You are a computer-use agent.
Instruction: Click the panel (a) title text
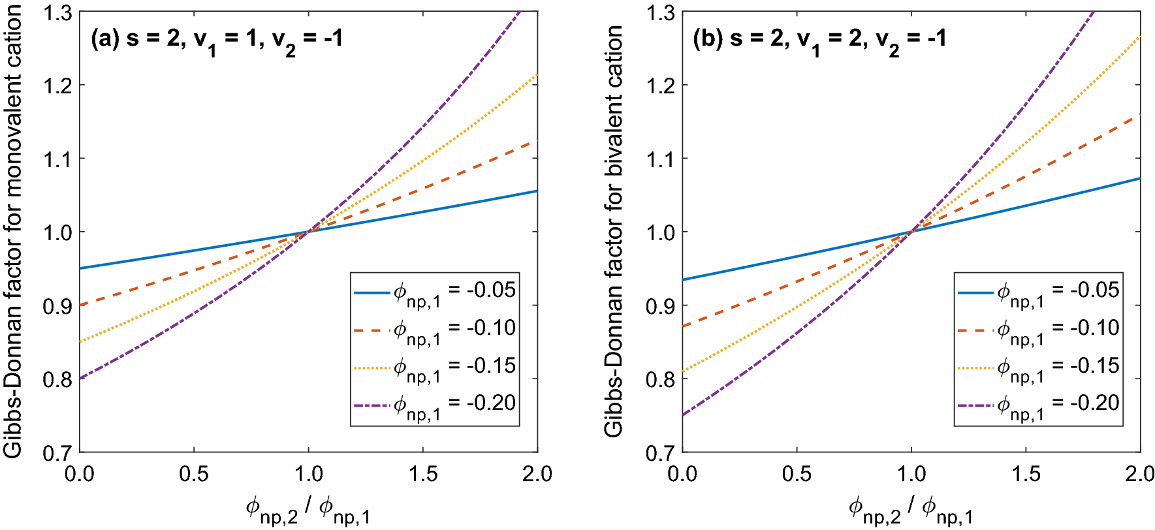pos(216,40)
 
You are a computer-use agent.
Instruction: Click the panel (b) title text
pos(819,40)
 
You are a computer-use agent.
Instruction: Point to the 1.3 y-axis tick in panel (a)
pos(57,12)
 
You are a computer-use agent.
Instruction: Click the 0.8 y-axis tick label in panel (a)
pos(57,379)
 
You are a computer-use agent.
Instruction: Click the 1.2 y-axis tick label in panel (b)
pos(660,86)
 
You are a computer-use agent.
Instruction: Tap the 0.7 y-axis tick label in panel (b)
pos(660,453)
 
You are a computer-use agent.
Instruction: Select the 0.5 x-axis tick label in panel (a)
pos(194,474)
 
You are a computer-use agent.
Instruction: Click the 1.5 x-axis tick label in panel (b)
pos(1026,474)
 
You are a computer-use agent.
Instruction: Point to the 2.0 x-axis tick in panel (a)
pos(537,474)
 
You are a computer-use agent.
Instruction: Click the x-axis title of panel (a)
pos(308,510)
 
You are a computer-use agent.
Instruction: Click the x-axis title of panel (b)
pos(911,510)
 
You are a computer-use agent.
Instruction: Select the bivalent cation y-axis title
pos(614,232)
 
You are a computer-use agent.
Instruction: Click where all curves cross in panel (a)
pos(308,231)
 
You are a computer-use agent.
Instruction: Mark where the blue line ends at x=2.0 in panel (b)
pos(1139,178)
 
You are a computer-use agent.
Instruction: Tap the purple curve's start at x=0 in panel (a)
pos(80,379)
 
